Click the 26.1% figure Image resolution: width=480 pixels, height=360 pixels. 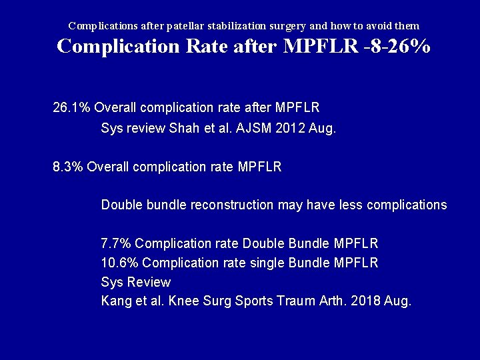[71, 107]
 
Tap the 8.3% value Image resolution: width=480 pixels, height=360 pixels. [67, 167]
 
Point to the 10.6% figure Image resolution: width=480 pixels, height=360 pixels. [119, 263]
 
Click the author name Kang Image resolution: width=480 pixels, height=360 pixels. [115, 301]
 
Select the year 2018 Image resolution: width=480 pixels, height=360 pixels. [363, 301]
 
